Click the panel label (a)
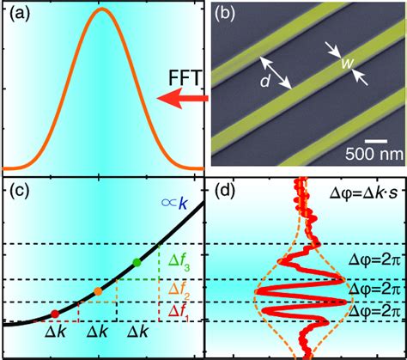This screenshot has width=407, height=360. pos(19,15)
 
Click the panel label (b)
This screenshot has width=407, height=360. pos(226,15)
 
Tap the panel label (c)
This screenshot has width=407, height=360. pos(19,192)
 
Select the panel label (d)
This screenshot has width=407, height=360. pos(225,192)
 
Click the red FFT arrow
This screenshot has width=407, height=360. pos(185,102)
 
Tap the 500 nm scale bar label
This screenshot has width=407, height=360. pos(372,156)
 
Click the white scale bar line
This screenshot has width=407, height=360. pos(372,140)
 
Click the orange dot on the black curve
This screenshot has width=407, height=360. pos(99,292)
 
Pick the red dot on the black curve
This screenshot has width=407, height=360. pos(56,314)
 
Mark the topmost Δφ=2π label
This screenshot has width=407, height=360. pos(368,257)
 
